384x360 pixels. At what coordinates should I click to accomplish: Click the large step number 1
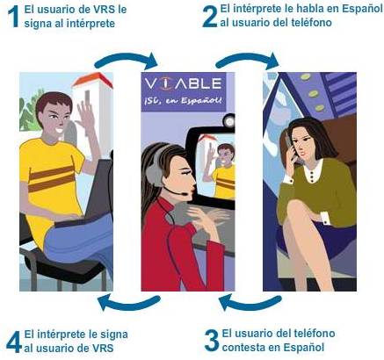[13, 17]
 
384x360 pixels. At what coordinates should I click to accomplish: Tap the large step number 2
[210, 17]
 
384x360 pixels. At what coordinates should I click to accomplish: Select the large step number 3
[212, 341]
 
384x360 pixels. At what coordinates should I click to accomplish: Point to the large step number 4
[14, 342]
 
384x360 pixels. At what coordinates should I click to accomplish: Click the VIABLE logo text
[184, 84]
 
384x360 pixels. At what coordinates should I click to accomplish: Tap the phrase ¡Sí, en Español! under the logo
[184, 100]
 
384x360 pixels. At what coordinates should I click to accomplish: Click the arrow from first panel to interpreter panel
[126, 60]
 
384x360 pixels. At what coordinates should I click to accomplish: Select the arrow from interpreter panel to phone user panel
[247, 60]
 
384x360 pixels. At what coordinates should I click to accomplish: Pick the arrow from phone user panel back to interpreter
[250, 304]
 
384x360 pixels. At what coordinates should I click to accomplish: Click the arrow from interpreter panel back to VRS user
[129, 304]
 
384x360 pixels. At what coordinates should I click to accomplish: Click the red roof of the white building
[92, 79]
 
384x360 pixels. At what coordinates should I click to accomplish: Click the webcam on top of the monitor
[228, 120]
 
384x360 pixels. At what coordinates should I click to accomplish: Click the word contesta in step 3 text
[244, 348]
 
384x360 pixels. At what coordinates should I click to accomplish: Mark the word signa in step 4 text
[113, 335]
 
